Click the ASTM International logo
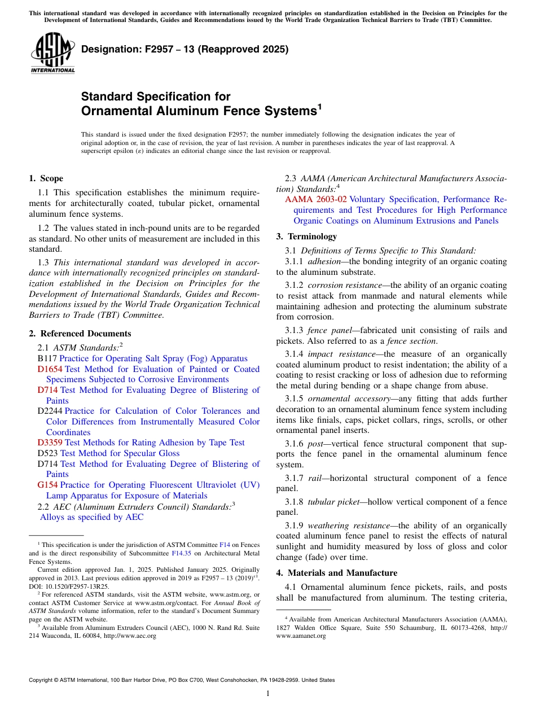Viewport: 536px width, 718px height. pyautogui.click(x=52, y=53)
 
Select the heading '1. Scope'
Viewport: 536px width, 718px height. pyautogui.click(x=46, y=178)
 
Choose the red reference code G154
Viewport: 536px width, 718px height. pyautogui.click(x=47, y=485)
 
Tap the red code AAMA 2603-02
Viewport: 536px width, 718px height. pyautogui.click(x=315, y=200)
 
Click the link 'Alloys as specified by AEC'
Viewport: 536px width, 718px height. pyautogui.click(x=91, y=518)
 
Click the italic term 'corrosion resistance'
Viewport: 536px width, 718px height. pyautogui.click(x=347, y=286)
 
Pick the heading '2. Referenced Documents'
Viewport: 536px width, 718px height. pyautogui.click(x=80, y=334)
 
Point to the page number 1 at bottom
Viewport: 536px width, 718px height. pyautogui.click(x=268, y=694)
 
